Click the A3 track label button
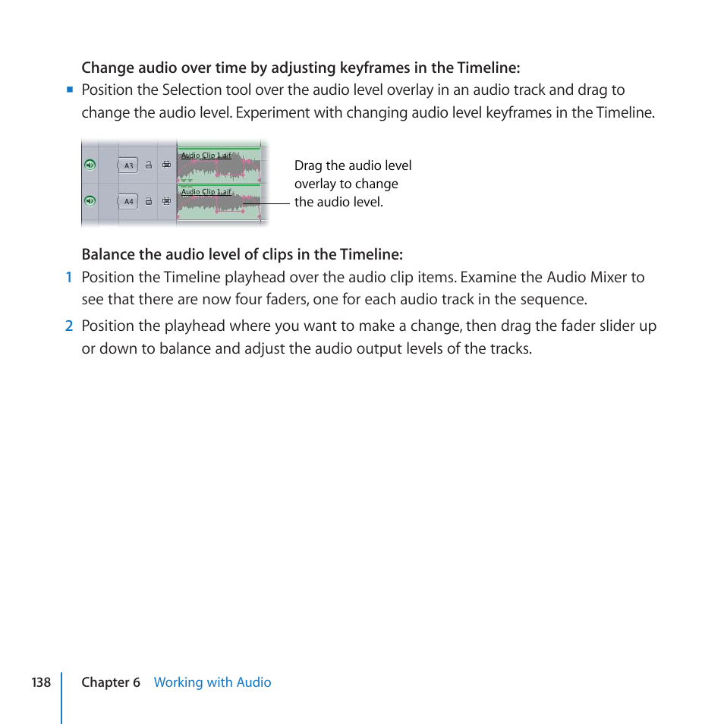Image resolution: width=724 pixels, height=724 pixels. coord(128,165)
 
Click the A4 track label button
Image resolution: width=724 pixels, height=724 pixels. coord(128,201)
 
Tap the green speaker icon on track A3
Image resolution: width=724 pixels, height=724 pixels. coord(90,165)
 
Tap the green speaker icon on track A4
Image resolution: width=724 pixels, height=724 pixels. coord(90,201)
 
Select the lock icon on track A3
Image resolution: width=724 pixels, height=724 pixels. coord(149,165)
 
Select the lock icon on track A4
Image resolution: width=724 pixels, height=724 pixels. coord(149,201)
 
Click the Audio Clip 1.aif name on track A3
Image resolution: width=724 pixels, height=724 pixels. coord(206,156)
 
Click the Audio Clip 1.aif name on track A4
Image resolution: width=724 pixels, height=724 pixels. coord(206,192)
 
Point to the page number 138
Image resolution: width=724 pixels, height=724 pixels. coord(41,682)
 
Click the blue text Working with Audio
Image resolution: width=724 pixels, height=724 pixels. coord(212,682)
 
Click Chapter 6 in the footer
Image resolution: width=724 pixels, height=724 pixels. coord(111,682)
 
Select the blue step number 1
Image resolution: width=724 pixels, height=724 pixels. coord(68,278)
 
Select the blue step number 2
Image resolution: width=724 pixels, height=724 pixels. coord(68,326)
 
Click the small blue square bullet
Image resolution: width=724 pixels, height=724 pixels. coord(69,90)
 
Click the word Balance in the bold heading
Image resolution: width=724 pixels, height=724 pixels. coord(106,253)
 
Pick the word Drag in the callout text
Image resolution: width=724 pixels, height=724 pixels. coord(309,165)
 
